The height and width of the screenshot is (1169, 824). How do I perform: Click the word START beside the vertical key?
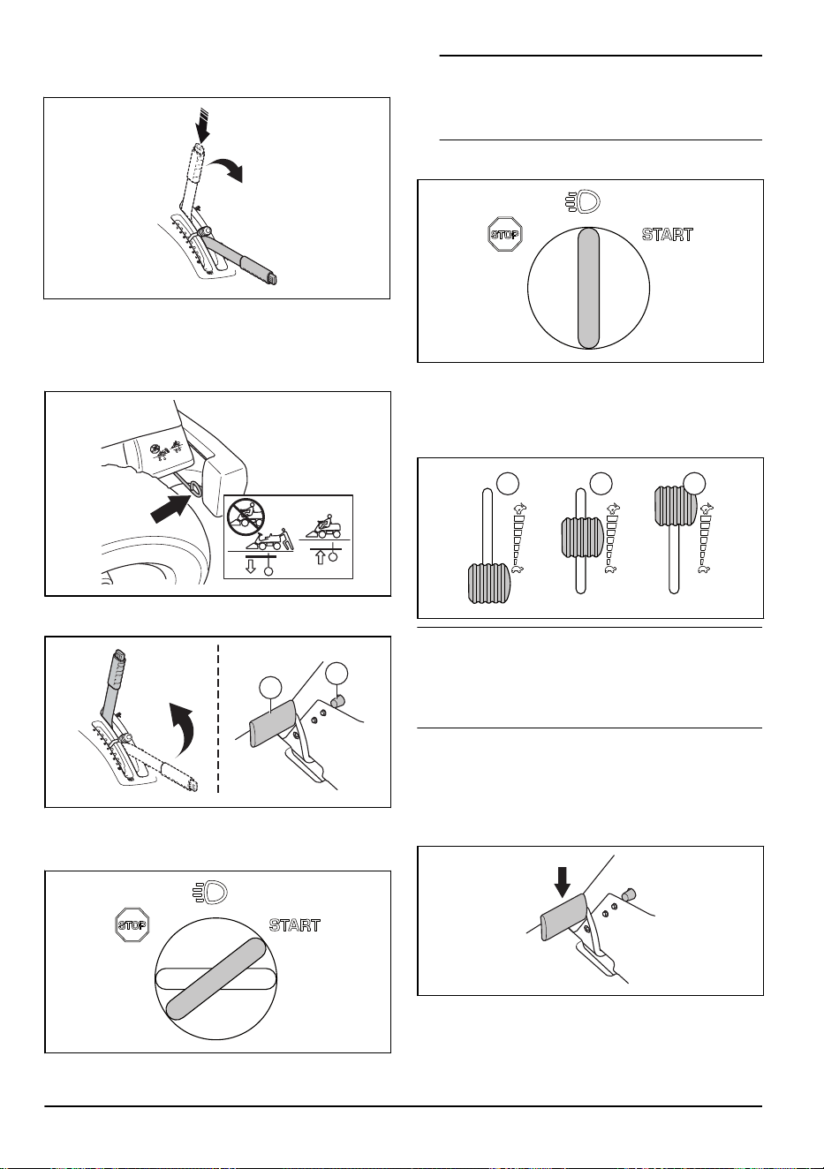668,235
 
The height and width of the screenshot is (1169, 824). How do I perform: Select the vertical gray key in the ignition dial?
588,288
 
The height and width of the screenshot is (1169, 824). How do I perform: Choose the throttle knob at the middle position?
582,537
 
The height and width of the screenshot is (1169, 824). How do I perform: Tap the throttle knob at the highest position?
675,506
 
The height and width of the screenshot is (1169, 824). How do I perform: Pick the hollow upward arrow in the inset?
321,557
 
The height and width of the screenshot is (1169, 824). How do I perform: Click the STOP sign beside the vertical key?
505,234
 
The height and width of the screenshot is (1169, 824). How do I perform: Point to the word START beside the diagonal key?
294,925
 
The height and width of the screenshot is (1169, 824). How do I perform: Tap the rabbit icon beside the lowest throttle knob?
518,508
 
